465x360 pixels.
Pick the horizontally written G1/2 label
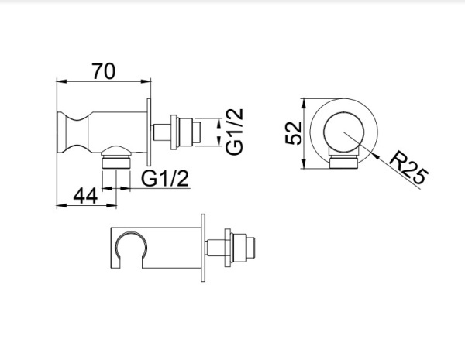[x=165, y=178]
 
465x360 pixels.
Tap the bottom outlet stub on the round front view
[x=342, y=162]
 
